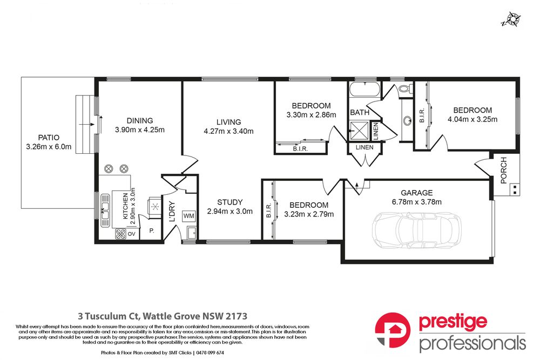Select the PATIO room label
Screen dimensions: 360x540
tap(49, 137)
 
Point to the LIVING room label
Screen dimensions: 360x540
tap(228, 122)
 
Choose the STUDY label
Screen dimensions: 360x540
tap(230, 202)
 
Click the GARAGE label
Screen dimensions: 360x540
tap(416, 193)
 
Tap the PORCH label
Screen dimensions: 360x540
tap(504, 170)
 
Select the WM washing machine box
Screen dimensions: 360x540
tap(189, 215)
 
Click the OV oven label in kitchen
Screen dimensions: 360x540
tap(131, 234)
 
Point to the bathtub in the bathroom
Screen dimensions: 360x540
tap(364, 90)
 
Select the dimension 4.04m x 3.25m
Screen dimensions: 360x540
tap(473, 119)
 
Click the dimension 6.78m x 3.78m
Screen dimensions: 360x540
tap(416, 202)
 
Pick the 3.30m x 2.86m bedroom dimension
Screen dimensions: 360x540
tap(311, 114)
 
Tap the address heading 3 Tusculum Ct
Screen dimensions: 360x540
tap(160, 315)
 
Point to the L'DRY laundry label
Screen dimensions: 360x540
tap(172, 211)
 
